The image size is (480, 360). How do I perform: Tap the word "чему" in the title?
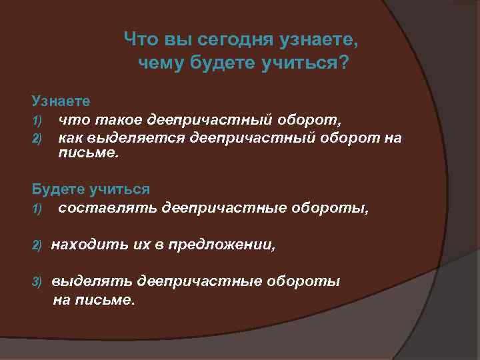[161, 64]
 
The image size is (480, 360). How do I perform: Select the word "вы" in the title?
[176, 40]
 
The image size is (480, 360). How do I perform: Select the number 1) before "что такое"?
[37, 120]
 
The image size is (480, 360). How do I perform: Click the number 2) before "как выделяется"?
[37, 139]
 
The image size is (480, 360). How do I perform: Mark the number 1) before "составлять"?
[37, 209]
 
